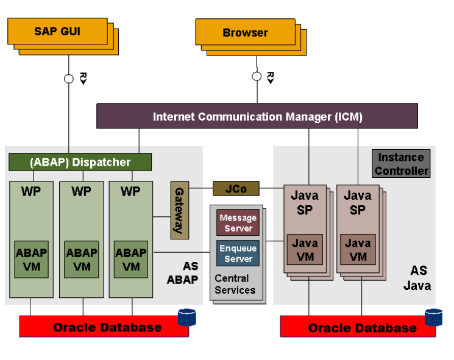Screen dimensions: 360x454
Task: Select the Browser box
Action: pos(245,32)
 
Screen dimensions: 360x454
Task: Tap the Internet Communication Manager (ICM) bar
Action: pos(257,116)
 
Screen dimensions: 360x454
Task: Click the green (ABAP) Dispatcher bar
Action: pos(80,162)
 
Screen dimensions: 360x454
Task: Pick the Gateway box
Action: pos(179,210)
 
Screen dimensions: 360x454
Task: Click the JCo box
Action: pos(236,188)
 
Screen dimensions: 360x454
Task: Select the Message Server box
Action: pos(238,223)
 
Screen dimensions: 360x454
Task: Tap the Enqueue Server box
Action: pos(238,253)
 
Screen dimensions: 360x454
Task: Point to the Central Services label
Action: pos(235,284)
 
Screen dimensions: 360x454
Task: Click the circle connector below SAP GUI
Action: pos(69,78)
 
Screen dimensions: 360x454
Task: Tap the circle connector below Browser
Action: pos(257,77)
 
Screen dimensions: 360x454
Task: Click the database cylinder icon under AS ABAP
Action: pos(186,317)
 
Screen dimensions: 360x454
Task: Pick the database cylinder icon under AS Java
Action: pos(433,317)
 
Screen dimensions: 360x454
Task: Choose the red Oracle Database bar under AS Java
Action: pos(358,328)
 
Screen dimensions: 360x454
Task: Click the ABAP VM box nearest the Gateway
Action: pos(131,259)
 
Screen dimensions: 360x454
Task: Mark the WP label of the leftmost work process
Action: pos(31,191)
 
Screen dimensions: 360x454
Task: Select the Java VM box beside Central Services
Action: pos(305,250)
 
